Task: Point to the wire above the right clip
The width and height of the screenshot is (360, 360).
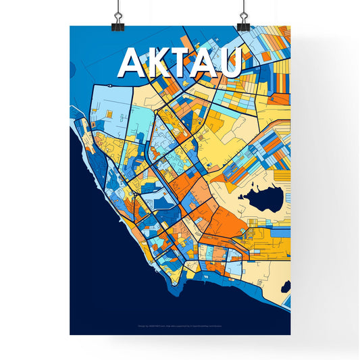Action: coord(242,5)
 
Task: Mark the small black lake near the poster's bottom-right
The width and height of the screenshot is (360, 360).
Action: coord(286,286)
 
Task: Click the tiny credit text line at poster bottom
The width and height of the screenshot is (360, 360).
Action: coord(180,326)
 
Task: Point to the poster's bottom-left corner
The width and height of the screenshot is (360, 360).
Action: coord(70,334)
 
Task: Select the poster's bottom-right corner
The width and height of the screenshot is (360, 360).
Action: coord(290,334)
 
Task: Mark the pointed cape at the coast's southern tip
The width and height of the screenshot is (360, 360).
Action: coord(177,297)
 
